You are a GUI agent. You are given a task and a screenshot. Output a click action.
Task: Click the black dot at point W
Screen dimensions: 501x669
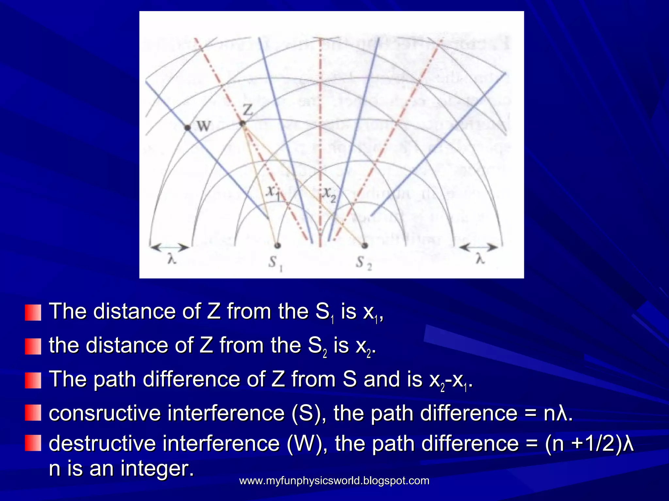click(x=188, y=128)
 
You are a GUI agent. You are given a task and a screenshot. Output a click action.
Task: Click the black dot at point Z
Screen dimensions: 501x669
click(x=242, y=124)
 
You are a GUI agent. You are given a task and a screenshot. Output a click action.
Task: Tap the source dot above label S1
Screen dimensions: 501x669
click(x=278, y=245)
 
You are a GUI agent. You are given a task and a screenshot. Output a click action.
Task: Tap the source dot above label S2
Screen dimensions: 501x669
click(x=365, y=245)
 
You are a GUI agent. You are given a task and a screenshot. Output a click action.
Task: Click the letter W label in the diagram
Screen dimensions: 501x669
click(x=204, y=126)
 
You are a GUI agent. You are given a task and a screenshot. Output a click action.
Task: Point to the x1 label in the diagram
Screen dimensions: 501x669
click(x=273, y=193)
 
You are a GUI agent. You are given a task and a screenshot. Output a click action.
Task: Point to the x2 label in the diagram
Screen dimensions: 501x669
click(x=329, y=195)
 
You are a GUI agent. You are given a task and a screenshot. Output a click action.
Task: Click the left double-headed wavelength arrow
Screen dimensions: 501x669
click(x=169, y=248)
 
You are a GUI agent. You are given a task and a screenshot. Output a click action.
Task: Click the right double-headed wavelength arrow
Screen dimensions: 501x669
click(x=479, y=248)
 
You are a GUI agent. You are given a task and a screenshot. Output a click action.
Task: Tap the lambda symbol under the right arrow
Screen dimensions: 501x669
click(x=479, y=260)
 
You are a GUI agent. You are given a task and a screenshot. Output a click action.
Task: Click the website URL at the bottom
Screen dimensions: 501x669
click(x=334, y=481)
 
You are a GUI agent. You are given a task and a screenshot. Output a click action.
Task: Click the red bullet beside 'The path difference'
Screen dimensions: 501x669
click(x=33, y=380)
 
